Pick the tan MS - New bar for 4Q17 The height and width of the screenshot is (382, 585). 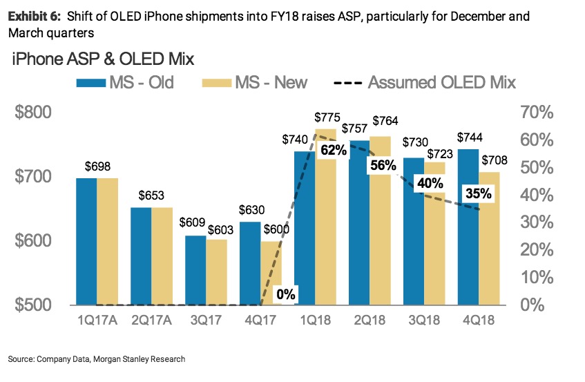tap(271, 272)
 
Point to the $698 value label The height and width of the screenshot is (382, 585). tap(98, 166)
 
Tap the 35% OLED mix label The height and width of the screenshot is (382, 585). tap(478, 193)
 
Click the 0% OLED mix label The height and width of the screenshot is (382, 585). tap(285, 294)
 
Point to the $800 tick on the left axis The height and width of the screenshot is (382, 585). tap(34, 113)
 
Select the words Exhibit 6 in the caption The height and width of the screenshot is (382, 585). tap(34, 16)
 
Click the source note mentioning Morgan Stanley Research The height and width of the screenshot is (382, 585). tap(97, 359)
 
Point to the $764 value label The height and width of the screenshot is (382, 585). tap(385, 121)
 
